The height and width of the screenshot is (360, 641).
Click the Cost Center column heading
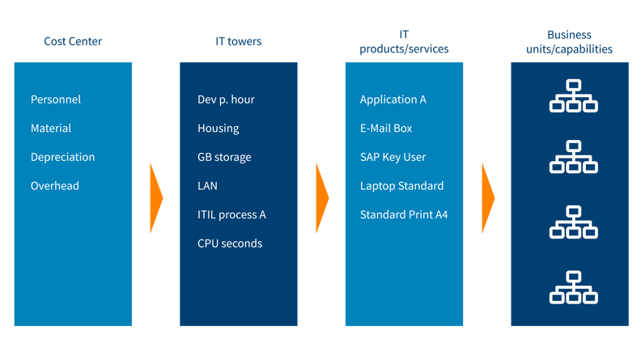click(x=73, y=41)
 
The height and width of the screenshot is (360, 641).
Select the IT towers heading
click(x=237, y=41)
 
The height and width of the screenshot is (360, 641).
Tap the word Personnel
click(x=56, y=100)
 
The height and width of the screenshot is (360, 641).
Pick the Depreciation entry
click(x=62, y=157)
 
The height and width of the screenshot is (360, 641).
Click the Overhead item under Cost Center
click(x=55, y=186)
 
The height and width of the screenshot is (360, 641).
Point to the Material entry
click(x=51, y=129)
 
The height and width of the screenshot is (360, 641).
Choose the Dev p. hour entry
click(x=226, y=100)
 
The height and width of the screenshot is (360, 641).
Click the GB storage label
click(x=224, y=157)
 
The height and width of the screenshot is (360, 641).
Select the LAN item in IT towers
click(x=207, y=186)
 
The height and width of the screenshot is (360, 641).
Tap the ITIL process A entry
click(x=231, y=215)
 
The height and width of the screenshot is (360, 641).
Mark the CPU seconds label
click(x=230, y=244)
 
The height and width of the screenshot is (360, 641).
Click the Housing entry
click(x=218, y=129)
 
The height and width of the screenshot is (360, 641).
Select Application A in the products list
click(x=393, y=100)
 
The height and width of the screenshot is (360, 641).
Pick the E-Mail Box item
click(x=386, y=129)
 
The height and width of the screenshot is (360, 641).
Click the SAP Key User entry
click(x=393, y=157)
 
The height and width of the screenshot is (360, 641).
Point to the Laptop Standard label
click(x=401, y=186)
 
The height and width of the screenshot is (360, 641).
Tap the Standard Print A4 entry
click(x=404, y=215)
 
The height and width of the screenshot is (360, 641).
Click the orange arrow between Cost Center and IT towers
click(x=156, y=197)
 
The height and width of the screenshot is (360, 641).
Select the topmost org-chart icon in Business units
click(x=573, y=95)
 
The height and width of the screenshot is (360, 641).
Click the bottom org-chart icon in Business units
click(x=573, y=287)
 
